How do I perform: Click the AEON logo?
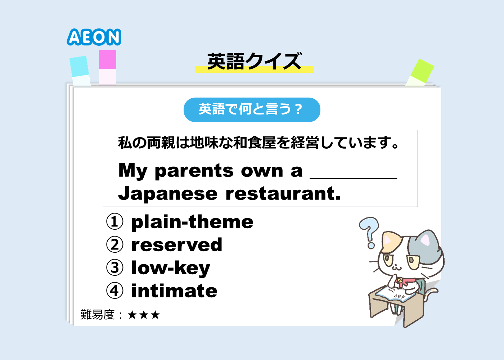pos(94,37)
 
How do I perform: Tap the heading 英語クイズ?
pos(255,61)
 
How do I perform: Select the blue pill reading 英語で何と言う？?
pos(252,109)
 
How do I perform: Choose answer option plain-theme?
pos(192,222)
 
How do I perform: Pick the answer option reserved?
pos(177,244)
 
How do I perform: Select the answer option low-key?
pos(171,268)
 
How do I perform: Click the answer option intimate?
pos(174,291)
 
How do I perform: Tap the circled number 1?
pos(115,221)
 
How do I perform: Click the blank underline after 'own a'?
pos(354,179)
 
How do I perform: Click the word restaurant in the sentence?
pos(283,194)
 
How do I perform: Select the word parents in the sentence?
pos(194,171)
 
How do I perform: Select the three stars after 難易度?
pos(144,315)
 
